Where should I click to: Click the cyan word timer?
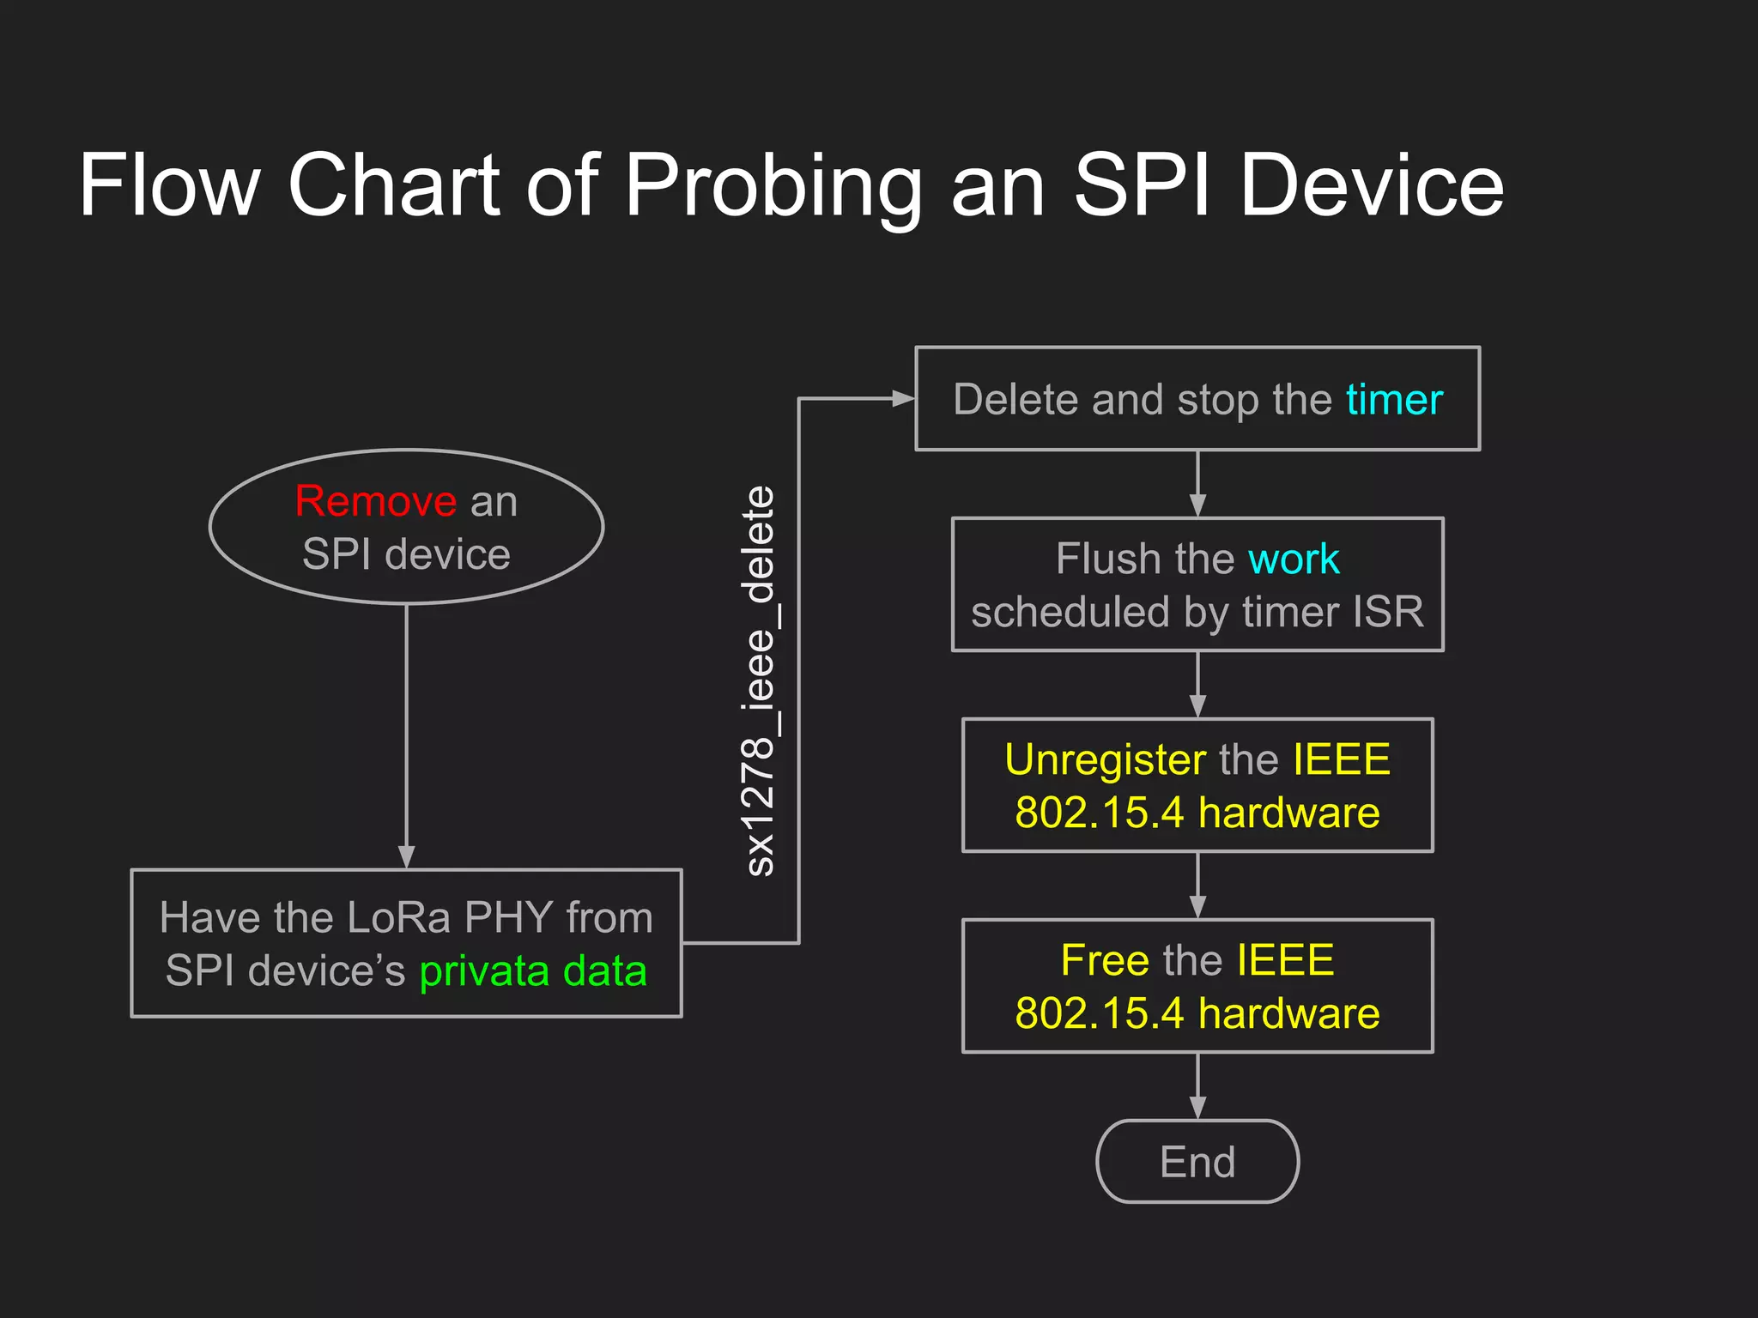click(1394, 400)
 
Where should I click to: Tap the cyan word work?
click(1293, 559)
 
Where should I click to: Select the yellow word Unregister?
click(1105, 759)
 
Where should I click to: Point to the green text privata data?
click(532, 971)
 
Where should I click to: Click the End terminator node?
click(1197, 1162)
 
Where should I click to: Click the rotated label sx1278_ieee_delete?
click(760, 680)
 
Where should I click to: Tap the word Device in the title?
click(1371, 185)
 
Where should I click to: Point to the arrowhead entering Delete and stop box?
click(903, 398)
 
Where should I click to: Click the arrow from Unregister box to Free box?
click(1197, 886)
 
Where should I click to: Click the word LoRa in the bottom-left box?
click(399, 917)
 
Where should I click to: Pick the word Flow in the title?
click(169, 185)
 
